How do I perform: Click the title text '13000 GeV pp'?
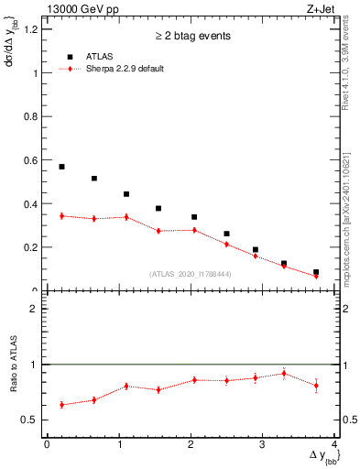pyautogui.click(x=74, y=8)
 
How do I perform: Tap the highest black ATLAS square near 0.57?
pyautogui.click(x=61, y=167)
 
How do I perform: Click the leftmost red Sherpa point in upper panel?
pyautogui.click(x=61, y=216)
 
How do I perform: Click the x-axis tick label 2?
pyautogui.click(x=191, y=445)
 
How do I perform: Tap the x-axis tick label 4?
pyautogui.click(x=334, y=445)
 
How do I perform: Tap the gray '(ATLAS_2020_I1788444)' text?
pyautogui.click(x=191, y=274)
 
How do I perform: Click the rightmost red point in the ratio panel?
pyautogui.click(x=316, y=386)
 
